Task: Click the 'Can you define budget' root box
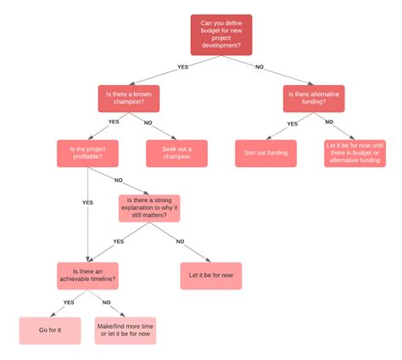point(221,35)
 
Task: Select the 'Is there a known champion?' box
point(129,98)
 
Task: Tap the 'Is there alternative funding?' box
point(314,98)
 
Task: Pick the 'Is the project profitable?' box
point(87,154)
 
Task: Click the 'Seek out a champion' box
point(176,154)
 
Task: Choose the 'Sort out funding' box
point(265,154)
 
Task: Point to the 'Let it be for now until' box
point(355,154)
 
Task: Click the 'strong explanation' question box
point(149,208)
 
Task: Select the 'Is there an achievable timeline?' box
point(87,276)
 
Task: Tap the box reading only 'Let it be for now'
point(211,276)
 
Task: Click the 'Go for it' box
point(50,330)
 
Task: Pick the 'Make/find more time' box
point(126,330)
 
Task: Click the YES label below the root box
point(183,67)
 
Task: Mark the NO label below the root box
point(260,67)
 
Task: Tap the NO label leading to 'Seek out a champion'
point(148,123)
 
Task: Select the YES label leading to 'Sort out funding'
point(293,124)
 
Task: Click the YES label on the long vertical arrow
point(87,203)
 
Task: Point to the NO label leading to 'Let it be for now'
point(180,242)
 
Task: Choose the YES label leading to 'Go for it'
point(69,302)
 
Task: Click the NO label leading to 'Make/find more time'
point(106,302)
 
